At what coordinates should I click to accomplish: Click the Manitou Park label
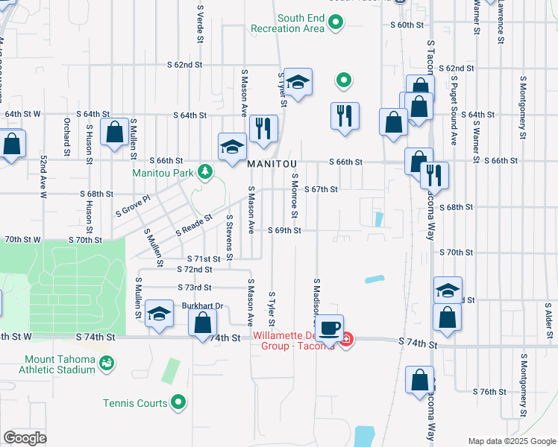point(163,173)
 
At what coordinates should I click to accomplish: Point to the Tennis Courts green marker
point(178,403)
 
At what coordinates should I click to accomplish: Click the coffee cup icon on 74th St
point(329,327)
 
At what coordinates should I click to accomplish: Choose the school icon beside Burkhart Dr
point(159,314)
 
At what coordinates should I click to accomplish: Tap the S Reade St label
point(195,223)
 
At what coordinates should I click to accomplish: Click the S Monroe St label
point(295,196)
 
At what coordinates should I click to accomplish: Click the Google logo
point(25,438)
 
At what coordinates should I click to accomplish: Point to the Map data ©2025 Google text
point(511,441)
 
